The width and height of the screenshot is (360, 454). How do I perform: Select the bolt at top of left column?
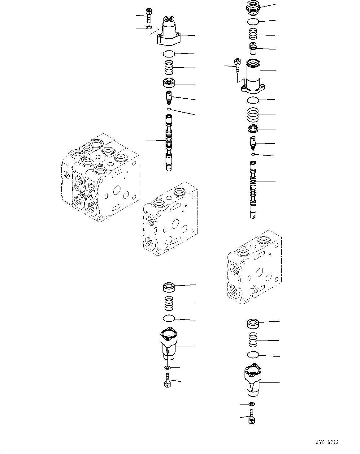(x=149, y=15)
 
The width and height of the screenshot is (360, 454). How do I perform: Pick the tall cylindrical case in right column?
(x=253, y=77)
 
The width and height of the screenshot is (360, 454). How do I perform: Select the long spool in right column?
(x=253, y=189)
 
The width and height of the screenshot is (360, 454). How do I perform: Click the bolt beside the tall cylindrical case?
(x=237, y=66)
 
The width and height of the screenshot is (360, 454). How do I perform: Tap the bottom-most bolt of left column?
(x=167, y=380)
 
